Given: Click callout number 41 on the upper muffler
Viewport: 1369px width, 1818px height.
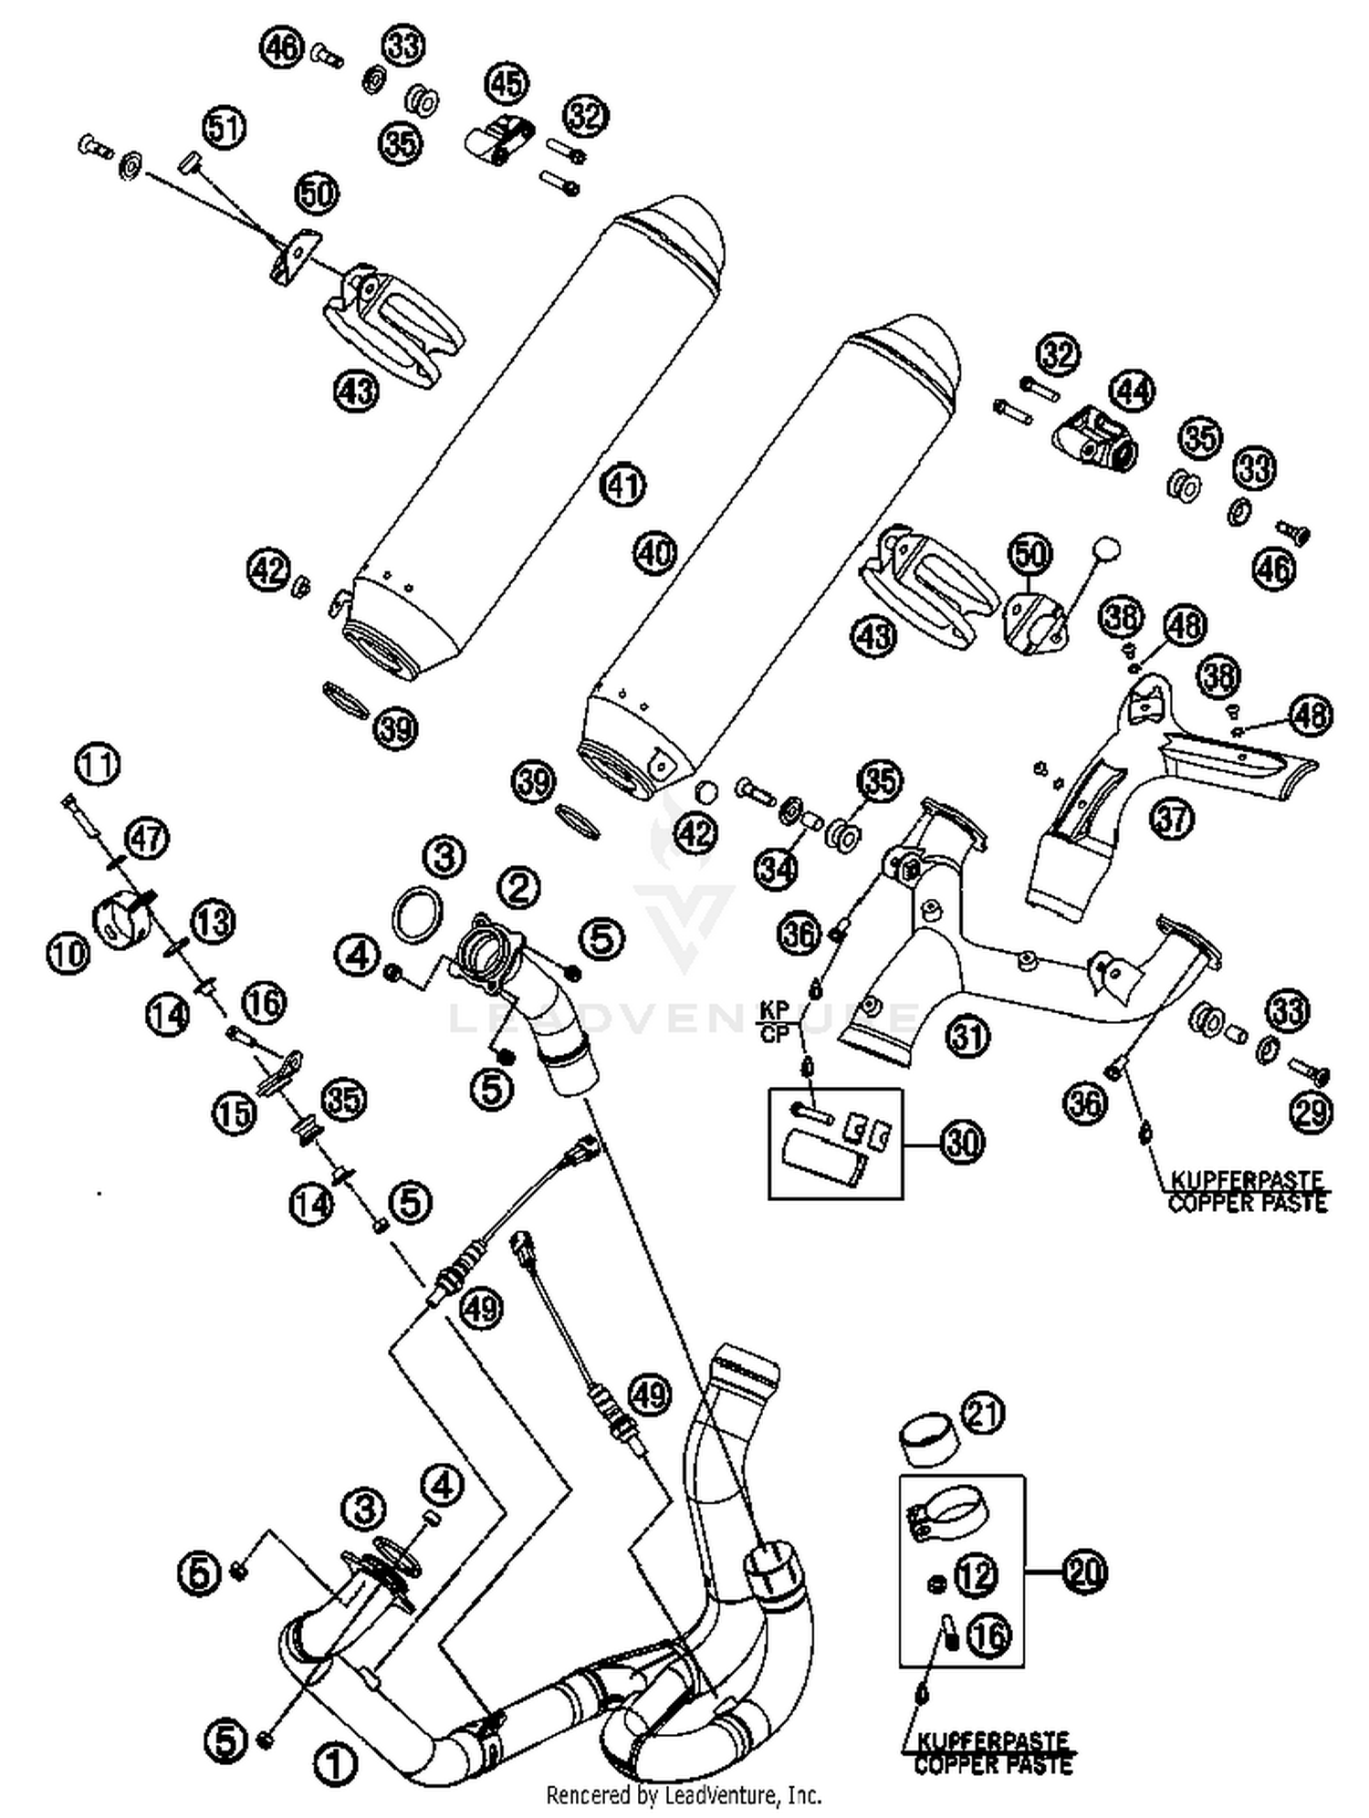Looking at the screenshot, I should [622, 486].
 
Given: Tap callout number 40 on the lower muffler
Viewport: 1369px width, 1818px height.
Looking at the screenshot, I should [653, 553].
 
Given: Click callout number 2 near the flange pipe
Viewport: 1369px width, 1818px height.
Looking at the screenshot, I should [518, 886].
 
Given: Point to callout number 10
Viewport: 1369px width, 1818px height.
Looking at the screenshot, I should [68, 954].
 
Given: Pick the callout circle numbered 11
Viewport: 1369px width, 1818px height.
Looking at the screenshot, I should [97, 765].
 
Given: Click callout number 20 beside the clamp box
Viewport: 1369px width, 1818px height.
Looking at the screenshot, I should [1084, 1572].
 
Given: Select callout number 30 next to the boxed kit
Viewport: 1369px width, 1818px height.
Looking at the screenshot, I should [963, 1142].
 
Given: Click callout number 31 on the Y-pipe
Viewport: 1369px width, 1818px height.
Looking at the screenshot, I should [967, 1036].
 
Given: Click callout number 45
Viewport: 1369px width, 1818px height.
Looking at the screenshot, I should [507, 83].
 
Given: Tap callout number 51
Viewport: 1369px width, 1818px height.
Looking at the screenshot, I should [224, 127].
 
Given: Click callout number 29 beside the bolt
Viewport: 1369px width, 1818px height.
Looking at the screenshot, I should [1311, 1111].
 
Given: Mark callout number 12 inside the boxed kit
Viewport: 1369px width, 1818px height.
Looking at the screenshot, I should [976, 1574].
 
